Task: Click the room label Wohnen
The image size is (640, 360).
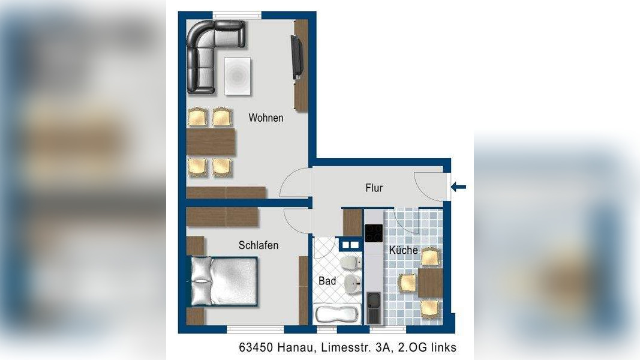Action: click(266, 118)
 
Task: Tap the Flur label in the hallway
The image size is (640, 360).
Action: click(374, 188)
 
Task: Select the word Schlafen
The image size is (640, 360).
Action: click(258, 245)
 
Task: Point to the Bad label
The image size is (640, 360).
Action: click(327, 281)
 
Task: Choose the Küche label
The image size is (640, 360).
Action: click(403, 250)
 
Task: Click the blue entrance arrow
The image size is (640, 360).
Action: click(458, 188)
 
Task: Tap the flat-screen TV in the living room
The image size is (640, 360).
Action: click(296, 58)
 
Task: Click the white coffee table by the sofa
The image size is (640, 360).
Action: click(238, 76)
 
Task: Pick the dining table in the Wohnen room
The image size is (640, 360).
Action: click(211, 142)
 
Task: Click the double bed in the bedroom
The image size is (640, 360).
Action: click(224, 281)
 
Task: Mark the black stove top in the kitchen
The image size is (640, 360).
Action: click(374, 233)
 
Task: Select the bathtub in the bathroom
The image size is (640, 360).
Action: click(337, 314)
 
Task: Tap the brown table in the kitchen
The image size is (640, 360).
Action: click(429, 283)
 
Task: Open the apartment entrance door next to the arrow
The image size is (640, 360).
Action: click(431, 186)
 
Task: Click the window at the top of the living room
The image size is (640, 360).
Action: click(237, 15)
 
